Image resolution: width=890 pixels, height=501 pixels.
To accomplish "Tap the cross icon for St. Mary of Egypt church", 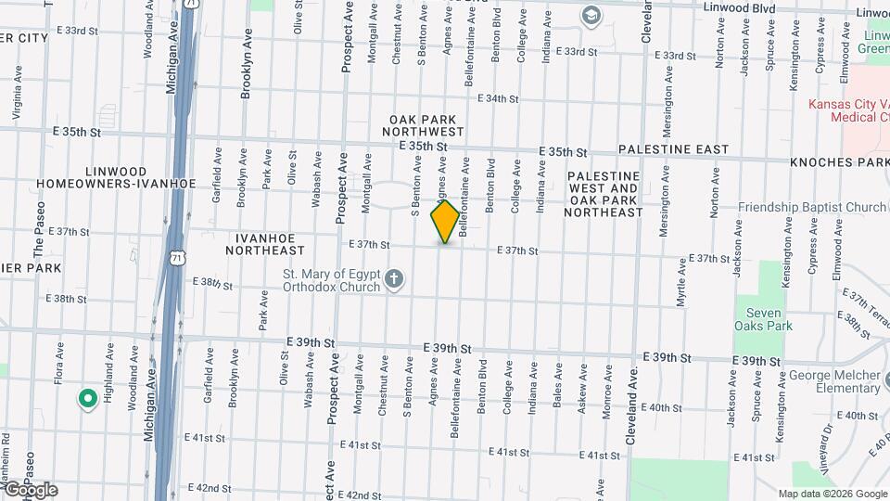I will coord(394,279).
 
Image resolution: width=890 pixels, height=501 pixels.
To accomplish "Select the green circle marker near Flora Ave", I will coord(88,399).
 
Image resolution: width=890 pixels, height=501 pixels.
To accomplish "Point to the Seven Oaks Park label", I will coord(763,319).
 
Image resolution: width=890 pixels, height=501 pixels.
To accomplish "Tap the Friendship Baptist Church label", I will coord(813,207).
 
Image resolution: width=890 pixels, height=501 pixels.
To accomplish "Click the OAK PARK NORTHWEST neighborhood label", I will coord(426,126).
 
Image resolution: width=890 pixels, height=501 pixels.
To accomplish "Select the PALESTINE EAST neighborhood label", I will coord(673,149).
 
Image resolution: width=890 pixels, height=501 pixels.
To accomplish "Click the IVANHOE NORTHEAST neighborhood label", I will coord(265,244).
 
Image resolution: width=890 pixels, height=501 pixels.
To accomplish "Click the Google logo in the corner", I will coord(31,490).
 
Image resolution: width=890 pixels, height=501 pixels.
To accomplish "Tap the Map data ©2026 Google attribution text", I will coord(831,494).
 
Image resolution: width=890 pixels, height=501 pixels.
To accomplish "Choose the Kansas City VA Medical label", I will coord(846,110).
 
